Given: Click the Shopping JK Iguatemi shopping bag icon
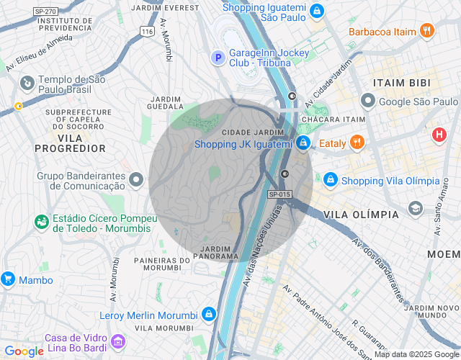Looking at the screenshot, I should [303, 143].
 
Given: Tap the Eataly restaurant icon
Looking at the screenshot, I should [356, 143].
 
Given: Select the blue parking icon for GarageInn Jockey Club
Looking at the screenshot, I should [217, 57].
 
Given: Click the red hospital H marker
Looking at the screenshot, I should [439, 135].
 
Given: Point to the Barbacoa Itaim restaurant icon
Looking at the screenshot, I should [427, 31].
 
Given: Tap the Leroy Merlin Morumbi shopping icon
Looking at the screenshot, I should [208, 315].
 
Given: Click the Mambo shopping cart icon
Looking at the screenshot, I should [8, 279].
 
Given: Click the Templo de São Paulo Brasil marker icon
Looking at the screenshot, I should [27, 84].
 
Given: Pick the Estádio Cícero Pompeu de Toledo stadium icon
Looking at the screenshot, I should [41, 222].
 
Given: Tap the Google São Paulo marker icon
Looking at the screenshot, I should [368, 102].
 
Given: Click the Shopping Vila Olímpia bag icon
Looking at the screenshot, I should [330, 179].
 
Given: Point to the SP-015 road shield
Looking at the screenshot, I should [279, 194].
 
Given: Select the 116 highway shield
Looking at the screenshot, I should [148, 32].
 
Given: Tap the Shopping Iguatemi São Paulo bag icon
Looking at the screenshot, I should [316, 10].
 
